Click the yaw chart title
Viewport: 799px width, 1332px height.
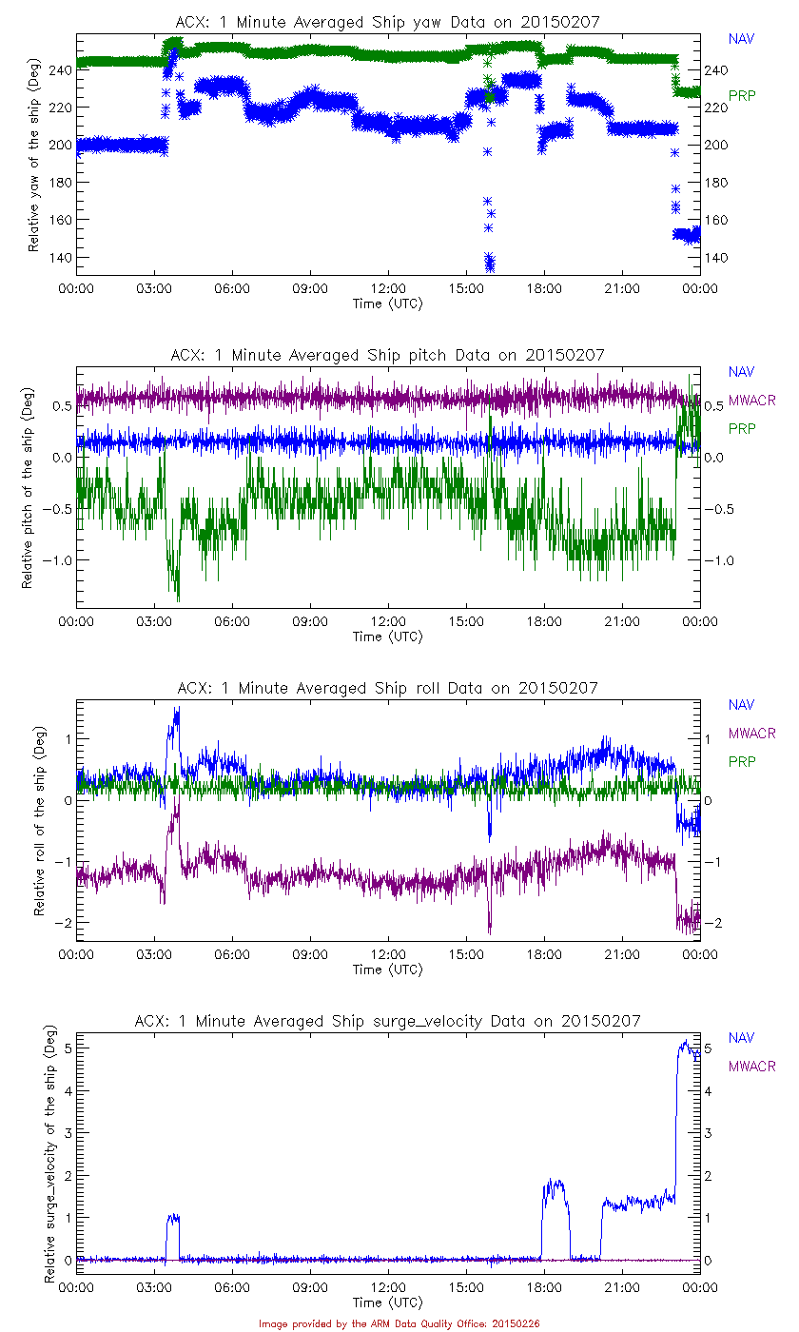click(x=387, y=22)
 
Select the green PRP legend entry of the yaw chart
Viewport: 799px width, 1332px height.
click(x=742, y=95)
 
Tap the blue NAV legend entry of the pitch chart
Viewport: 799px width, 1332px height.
click(x=741, y=372)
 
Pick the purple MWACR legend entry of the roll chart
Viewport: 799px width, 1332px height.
click(x=751, y=734)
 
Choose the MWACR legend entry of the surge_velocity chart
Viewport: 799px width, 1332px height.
click(x=751, y=1067)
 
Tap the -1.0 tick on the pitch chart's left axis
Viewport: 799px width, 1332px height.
click(x=54, y=560)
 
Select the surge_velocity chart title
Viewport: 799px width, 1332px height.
click(x=387, y=1021)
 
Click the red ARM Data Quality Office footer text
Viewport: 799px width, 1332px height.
click(x=399, y=1323)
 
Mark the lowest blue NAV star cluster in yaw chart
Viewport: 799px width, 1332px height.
click(x=490, y=263)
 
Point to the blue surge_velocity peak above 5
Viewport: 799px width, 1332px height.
click(x=684, y=1043)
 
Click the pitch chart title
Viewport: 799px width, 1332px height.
click(x=387, y=355)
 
